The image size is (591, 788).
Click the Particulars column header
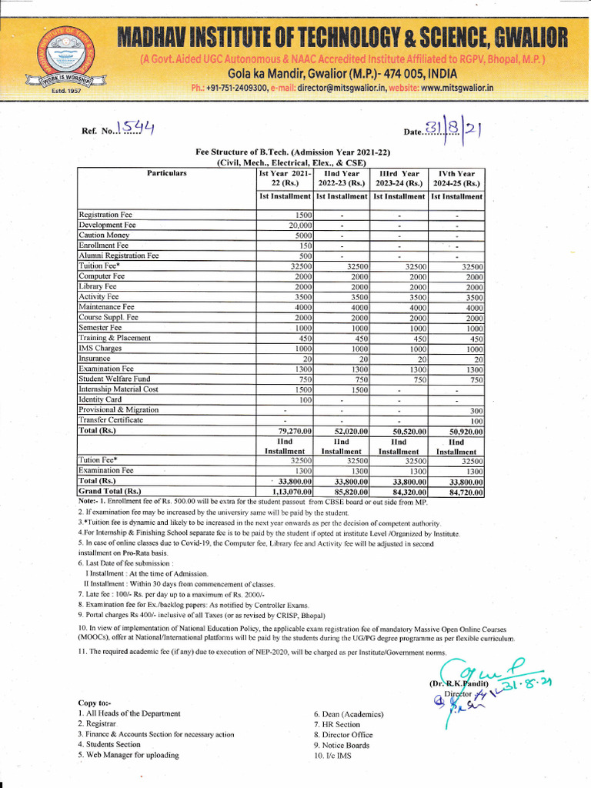click(166, 174)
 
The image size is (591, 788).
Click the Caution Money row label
click(105, 235)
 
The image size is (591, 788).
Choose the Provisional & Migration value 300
click(476, 410)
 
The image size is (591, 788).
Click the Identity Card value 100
click(305, 400)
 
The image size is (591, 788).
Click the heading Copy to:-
click(95, 703)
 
